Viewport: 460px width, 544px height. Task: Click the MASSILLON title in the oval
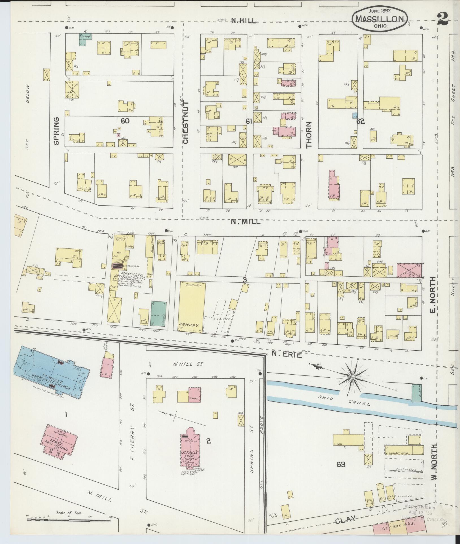pyautogui.click(x=379, y=19)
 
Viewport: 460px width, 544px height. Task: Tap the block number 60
pyautogui.click(x=125, y=121)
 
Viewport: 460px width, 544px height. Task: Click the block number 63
pyautogui.click(x=341, y=464)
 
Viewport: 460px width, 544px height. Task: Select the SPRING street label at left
pyautogui.click(x=56, y=131)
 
